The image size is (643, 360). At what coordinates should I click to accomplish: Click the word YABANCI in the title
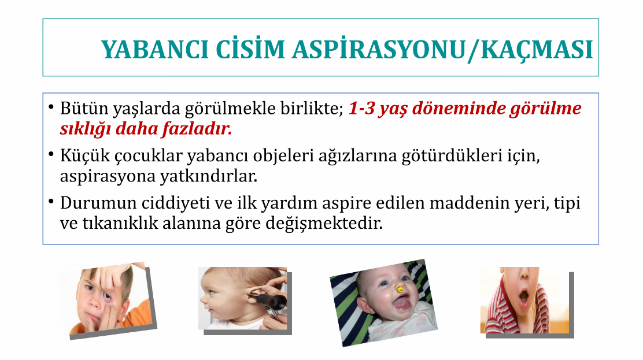pyautogui.click(x=155, y=50)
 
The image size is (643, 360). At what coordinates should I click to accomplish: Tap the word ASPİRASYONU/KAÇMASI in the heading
pyautogui.click(x=442, y=50)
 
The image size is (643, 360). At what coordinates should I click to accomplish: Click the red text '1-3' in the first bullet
pyautogui.click(x=361, y=108)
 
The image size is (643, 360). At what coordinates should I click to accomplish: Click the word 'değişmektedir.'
pyautogui.click(x=324, y=224)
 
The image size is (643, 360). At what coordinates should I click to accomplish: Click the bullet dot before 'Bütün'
pyautogui.click(x=51, y=107)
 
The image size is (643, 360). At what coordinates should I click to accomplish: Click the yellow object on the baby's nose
pyautogui.click(x=400, y=290)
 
